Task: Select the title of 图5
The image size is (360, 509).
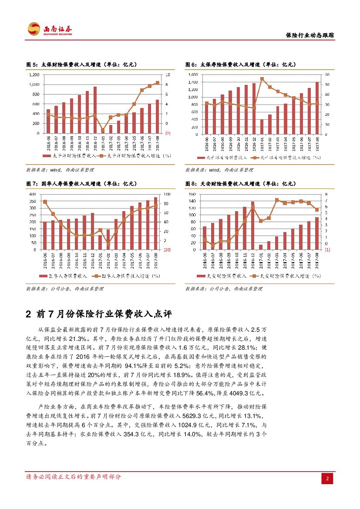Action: [x=82, y=64]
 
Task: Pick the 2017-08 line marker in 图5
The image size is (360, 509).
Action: [x=158, y=83]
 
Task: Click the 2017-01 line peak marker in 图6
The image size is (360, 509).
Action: [x=262, y=79]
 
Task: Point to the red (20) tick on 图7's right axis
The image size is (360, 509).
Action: [x=167, y=250]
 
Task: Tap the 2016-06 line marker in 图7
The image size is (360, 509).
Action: [x=45, y=202]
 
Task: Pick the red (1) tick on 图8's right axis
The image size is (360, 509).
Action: [x=327, y=250]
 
